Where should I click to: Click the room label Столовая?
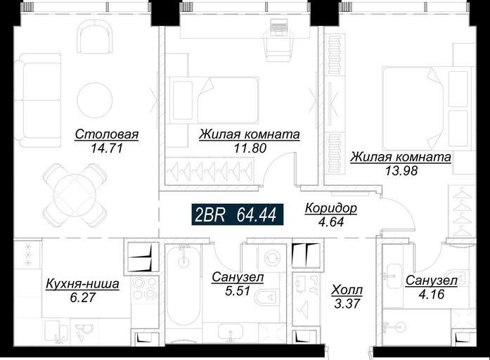click(107, 134)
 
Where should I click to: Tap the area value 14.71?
click(106, 148)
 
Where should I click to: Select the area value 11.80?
click(250, 148)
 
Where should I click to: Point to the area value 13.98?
click(401, 171)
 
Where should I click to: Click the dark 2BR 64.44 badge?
click(238, 214)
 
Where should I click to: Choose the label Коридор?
click(330, 208)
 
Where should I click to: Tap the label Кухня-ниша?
click(82, 284)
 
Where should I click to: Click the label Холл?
click(347, 290)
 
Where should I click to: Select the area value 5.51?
click(238, 290)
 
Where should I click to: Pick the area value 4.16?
click(431, 295)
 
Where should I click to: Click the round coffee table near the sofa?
click(95, 100)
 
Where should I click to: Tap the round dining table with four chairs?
click(75, 196)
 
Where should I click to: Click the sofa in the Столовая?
click(37, 100)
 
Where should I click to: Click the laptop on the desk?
click(278, 26)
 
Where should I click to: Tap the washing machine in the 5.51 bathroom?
click(271, 258)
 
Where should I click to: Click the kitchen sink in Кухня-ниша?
click(56, 332)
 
